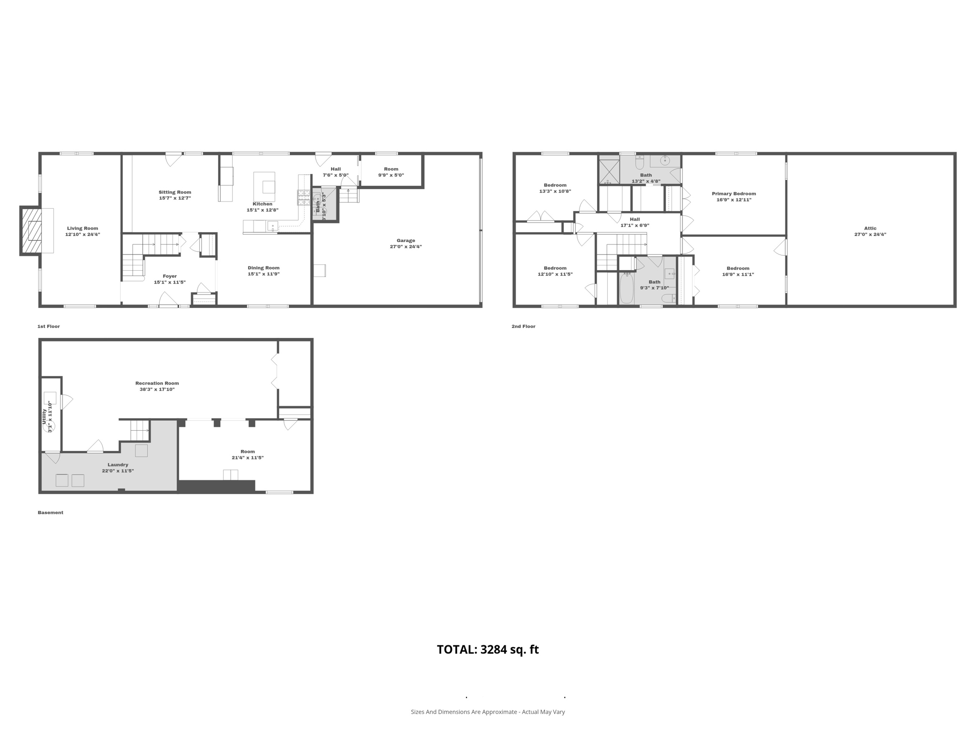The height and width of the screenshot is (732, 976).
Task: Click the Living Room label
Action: pyautogui.click(x=82, y=228)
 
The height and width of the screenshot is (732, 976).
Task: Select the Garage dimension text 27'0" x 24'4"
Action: pyautogui.click(x=406, y=247)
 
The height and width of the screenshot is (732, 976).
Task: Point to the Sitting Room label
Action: pyautogui.click(x=175, y=192)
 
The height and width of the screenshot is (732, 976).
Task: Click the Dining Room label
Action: pyautogui.click(x=264, y=268)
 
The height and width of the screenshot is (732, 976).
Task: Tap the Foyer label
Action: pyautogui.click(x=170, y=276)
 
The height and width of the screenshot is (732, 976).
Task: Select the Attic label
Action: pyautogui.click(x=870, y=228)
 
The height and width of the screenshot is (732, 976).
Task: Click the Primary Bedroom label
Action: pyautogui.click(x=733, y=193)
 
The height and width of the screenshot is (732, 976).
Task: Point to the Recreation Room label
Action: pyautogui.click(x=157, y=383)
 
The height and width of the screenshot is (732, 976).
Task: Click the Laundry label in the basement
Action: pyautogui.click(x=118, y=465)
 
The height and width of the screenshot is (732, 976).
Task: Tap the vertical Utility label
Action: pyautogui.click(x=44, y=417)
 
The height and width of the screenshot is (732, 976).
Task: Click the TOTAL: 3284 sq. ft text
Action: pyautogui.click(x=488, y=650)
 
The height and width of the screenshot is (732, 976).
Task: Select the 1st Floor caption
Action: pyautogui.click(x=49, y=326)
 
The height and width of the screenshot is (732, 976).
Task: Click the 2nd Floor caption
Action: pyautogui.click(x=523, y=326)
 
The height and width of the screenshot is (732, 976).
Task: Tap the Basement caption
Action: pyautogui.click(x=51, y=513)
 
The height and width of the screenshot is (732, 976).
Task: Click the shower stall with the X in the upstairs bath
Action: pyautogui.click(x=609, y=172)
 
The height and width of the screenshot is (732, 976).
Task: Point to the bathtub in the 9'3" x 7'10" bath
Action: pyautogui.click(x=626, y=288)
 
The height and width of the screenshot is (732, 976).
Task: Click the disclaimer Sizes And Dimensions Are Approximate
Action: pyautogui.click(x=488, y=712)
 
